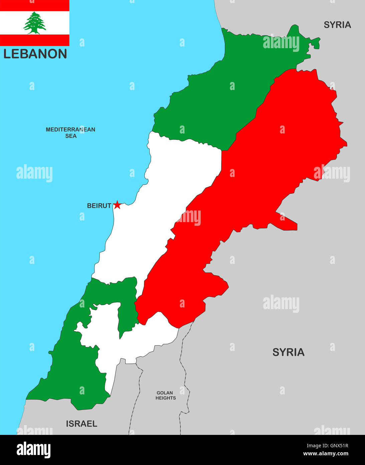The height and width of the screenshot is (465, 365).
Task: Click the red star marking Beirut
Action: (117, 205)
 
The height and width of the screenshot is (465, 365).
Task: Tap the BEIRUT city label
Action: (99, 206)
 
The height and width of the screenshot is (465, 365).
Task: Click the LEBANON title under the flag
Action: (35, 54)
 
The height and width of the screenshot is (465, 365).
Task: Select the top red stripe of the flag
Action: (34, 5)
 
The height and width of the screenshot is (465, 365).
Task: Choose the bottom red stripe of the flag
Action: (34, 40)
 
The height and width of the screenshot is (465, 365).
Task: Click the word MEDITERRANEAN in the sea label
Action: (70, 129)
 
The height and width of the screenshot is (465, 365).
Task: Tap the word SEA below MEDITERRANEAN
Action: (71, 136)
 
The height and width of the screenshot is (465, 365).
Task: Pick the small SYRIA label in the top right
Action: (337, 25)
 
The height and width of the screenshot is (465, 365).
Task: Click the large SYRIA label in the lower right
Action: (288, 352)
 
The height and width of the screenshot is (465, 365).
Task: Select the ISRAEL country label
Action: (81, 424)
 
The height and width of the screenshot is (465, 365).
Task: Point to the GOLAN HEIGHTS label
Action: (165, 395)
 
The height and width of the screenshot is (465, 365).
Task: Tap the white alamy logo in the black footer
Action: (33, 450)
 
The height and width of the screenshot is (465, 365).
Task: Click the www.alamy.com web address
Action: (326, 454)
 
